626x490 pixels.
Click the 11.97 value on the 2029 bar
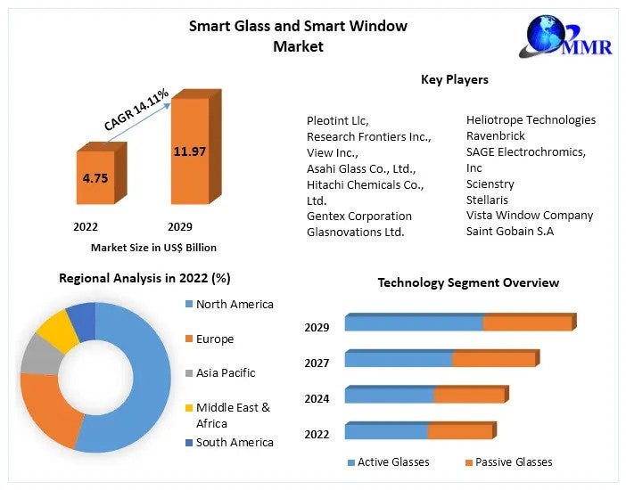point(189,151)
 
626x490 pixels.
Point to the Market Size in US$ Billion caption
point(153,248)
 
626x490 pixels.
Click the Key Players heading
point(454,79)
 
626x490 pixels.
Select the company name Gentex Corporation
point(359,216)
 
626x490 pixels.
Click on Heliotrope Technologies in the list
point(531,119)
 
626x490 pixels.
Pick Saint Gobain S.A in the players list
point(510,232)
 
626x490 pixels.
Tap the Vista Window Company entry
point(530,216)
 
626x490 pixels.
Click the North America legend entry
point(234,305)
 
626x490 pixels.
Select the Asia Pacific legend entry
point(225,372)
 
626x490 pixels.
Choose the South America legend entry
point(234,443)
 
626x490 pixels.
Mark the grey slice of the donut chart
point(37,354)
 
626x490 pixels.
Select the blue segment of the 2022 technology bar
point(386,431)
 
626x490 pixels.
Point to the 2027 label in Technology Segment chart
point(317,363)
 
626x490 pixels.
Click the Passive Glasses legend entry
point(513,461)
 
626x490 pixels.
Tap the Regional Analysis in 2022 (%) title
point(144,278)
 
